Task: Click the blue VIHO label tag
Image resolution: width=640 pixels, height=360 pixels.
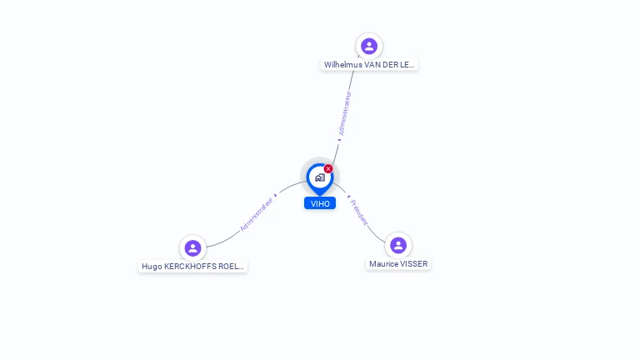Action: coord(320,203)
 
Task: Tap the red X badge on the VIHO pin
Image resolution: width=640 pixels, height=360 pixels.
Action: coord(328,169)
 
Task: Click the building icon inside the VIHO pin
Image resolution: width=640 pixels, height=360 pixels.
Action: coord(319,177)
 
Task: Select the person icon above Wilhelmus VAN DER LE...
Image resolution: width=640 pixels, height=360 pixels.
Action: coord(369,46)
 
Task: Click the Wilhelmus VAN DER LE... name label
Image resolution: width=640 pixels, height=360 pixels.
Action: coord(369,64)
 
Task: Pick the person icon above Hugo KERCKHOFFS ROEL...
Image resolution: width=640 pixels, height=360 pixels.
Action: coord(192,248)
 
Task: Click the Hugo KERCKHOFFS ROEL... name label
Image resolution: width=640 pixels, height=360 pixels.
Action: coord(192,267)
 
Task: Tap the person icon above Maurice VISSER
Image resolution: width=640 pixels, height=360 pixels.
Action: coord(398,245)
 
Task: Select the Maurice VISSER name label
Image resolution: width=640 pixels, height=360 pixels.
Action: coord(398,263)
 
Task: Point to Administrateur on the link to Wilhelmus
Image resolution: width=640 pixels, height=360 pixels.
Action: coord(345,113)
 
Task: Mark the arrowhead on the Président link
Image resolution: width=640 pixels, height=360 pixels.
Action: coord(347,197)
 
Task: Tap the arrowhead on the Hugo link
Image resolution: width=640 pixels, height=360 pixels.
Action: coord(275,195)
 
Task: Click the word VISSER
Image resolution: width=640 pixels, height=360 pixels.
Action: coord(413,263)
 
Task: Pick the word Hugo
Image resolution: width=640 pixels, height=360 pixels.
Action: coord(152,267)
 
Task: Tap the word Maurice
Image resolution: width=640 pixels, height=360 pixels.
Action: coord(384,263)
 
